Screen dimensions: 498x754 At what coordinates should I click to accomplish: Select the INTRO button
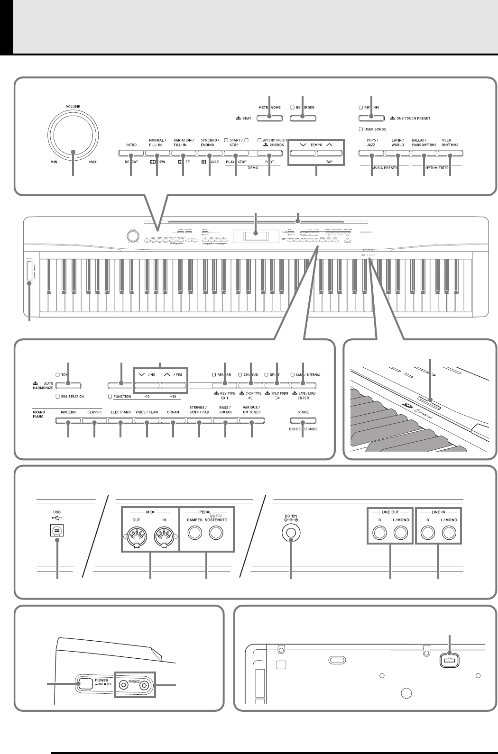tap(130, 154)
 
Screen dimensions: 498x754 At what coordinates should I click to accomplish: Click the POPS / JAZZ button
tap(371, 154)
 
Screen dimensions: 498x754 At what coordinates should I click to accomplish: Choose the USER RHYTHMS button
tap(450, 154)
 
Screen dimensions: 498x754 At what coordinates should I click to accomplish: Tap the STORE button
tap(303, 420)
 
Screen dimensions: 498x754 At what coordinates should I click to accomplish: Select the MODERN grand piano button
tap(68, 420)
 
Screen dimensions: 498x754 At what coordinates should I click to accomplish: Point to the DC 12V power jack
tap(290, 533)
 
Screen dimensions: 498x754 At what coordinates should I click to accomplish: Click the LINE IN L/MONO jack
tap(449, 533)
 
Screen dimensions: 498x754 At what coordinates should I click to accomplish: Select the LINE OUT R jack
tap(378, 533)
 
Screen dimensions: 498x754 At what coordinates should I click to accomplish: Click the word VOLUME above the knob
tap(73, 107)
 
